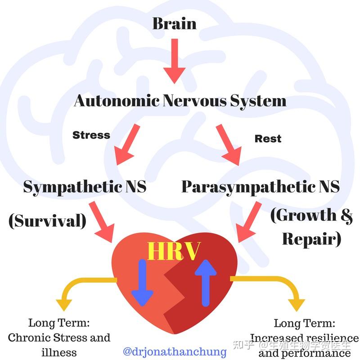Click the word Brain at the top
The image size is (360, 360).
point(174,23)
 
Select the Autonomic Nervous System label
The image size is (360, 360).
point(180,100)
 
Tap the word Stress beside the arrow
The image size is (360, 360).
point(91,135)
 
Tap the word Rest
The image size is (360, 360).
point(268,139)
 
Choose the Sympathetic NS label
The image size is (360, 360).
point(85,187)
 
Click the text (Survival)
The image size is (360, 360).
point(47,220)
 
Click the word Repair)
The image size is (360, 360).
point(311,239)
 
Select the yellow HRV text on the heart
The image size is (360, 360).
point(173,252)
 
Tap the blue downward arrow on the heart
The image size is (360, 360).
point(142,283)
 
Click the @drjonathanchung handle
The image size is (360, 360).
point(175,351)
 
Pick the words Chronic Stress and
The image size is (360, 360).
point(59,337)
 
